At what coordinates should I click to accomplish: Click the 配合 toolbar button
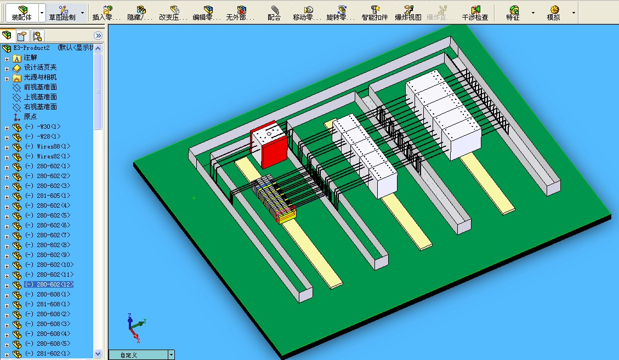(274, 12)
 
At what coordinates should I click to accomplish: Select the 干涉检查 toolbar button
(474, 12)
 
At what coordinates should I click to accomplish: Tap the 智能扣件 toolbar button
(374, 12)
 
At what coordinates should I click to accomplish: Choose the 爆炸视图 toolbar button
(408, 12)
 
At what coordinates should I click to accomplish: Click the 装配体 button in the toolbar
(21, 12)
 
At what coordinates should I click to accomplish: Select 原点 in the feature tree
(30, 117)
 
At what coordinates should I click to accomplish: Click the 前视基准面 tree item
(40, 87)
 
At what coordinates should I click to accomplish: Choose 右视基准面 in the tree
(40, 107)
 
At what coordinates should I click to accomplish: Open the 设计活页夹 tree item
(40, 67)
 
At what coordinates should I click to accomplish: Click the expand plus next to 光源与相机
(7, 78)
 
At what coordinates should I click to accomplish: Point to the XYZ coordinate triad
(134, 327)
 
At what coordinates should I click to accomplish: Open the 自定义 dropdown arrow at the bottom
(171, 355)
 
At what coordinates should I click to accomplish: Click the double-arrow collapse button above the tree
(98, 36)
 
